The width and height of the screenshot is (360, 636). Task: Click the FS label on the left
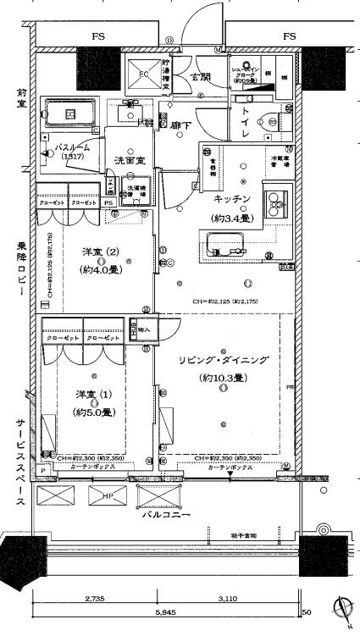pos(98,36)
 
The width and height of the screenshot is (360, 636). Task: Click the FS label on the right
pos(289,36)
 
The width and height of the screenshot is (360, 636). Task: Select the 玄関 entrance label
pos(200,77)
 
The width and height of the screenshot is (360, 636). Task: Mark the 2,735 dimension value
pos(94,598)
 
